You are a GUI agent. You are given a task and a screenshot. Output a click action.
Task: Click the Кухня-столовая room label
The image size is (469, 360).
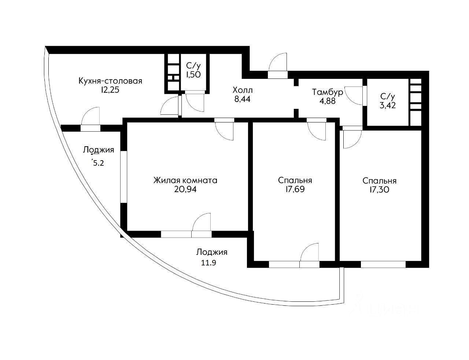click(x=110, y=81)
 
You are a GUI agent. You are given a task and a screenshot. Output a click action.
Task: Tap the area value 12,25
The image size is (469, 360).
click(x=110, y=90)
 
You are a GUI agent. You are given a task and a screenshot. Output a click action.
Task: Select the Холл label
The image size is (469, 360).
click(x=243, y=90)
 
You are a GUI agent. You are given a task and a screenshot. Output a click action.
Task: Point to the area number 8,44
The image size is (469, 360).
click(x=242, y=99)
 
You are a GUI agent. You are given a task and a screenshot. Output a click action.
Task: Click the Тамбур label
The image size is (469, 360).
click(x=328, y=92)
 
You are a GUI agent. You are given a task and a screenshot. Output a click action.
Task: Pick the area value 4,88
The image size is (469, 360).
click(x=328, y=101)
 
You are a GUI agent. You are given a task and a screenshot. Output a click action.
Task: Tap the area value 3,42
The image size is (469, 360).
click(x=388, y=105)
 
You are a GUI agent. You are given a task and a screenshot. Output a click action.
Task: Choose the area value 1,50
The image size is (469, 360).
click(x=193, y=74)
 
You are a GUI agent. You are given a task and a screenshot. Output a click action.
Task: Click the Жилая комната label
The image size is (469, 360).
click(x=185, y=180)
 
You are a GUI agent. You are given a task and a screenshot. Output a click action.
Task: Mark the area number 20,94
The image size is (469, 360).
click(x=185, y=190)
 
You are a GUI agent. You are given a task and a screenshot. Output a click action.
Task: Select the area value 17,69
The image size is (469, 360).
click(x=295, y=189)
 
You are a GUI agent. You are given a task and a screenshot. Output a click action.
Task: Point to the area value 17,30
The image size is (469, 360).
click(x=379, y=190)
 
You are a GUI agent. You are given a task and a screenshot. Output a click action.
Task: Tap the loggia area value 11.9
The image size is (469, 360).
click(x=209, y=263)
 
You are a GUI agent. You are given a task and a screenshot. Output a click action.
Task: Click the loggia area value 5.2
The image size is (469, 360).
click(x=98, y=163)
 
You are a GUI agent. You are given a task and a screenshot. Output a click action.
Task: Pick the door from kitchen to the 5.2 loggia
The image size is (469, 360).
click(x=91, y=116)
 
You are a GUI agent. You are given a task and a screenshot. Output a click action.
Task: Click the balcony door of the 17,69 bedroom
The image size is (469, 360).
click(x=309, y=252)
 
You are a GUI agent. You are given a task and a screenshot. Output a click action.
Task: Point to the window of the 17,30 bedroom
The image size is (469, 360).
click(x=383, y=265)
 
